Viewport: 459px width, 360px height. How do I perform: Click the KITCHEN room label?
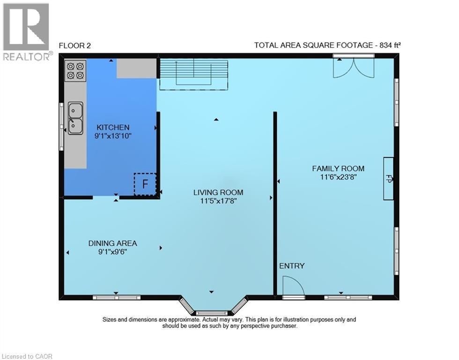pos(113,127)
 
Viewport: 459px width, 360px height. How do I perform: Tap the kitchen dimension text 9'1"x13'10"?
pos(113,136)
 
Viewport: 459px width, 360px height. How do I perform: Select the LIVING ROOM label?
pos(219,192)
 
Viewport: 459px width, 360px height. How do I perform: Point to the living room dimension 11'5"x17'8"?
pos(219,201)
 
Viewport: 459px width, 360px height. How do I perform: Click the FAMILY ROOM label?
pos(338,168)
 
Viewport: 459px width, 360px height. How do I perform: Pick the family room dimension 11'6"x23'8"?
pos(338,177)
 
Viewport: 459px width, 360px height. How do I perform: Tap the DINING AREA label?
pos(113,243)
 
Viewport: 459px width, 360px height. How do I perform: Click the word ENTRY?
pos(292,266)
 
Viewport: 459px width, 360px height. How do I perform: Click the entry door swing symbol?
pos(292,286)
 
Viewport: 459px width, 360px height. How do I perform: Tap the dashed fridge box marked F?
pos(145,184)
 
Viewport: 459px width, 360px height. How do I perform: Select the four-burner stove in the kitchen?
pos(75,70)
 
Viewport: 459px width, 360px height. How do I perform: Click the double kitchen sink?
pos(75,118)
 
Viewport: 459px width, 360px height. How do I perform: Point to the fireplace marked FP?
pos(388,179)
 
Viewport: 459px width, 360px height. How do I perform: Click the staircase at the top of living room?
pos(193,74)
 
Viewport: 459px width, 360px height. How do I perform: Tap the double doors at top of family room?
pos(354,67)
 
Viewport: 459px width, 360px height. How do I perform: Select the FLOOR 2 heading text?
pos(74,45)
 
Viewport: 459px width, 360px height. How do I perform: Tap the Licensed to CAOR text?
pos(27,356)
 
